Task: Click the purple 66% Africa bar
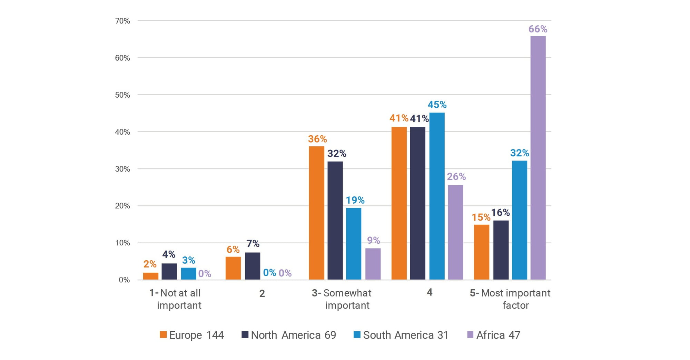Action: (x=538, y=158)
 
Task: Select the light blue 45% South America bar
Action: (x=437, y=196)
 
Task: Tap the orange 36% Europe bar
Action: (x=316, y=213)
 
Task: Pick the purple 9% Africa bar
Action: (x=373, y=264)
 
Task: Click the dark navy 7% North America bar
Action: (x=253, y=266)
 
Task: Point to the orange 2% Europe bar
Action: (x=151, y=276)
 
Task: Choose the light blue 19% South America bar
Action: (x=354, y=244)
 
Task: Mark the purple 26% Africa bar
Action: (x=455, y=232)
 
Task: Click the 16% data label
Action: (x=500, y=213)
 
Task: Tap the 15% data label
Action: (x=481, y=217)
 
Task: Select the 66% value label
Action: (x=538, y=29)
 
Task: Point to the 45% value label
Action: (x=437, y=105)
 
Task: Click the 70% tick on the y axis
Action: (x=122, y=21)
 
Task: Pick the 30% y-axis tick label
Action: (x=122, y=169)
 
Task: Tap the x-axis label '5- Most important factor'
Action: (x=510, y=299)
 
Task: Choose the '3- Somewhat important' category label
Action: (x=342, y=299)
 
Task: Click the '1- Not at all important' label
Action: (x=175, y=299)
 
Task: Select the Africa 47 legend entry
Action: (x=493, y=335)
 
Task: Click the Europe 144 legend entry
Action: (x=192, y=335)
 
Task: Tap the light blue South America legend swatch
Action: (x=357, y=335)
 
